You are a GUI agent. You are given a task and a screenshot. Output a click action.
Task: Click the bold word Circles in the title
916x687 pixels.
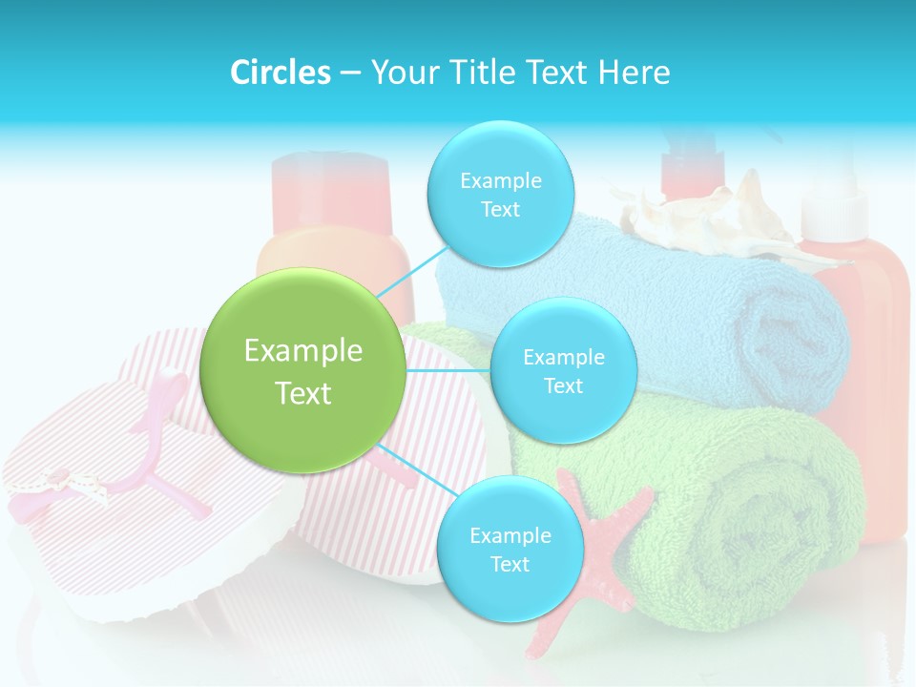(280, 73)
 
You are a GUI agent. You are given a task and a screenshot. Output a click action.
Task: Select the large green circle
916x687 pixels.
(303, 370)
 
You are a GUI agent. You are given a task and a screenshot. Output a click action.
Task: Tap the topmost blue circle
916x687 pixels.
(500, 195)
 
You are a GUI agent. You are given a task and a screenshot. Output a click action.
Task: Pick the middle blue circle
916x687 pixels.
(563, 371)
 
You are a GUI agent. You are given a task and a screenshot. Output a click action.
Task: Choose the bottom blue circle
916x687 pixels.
(509, 550)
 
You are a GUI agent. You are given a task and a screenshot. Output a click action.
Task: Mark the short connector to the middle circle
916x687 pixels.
(448, 370)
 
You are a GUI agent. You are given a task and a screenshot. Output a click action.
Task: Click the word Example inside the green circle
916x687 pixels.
(303, 351)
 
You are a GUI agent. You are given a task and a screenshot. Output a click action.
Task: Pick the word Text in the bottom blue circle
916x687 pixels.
(510, 564)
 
